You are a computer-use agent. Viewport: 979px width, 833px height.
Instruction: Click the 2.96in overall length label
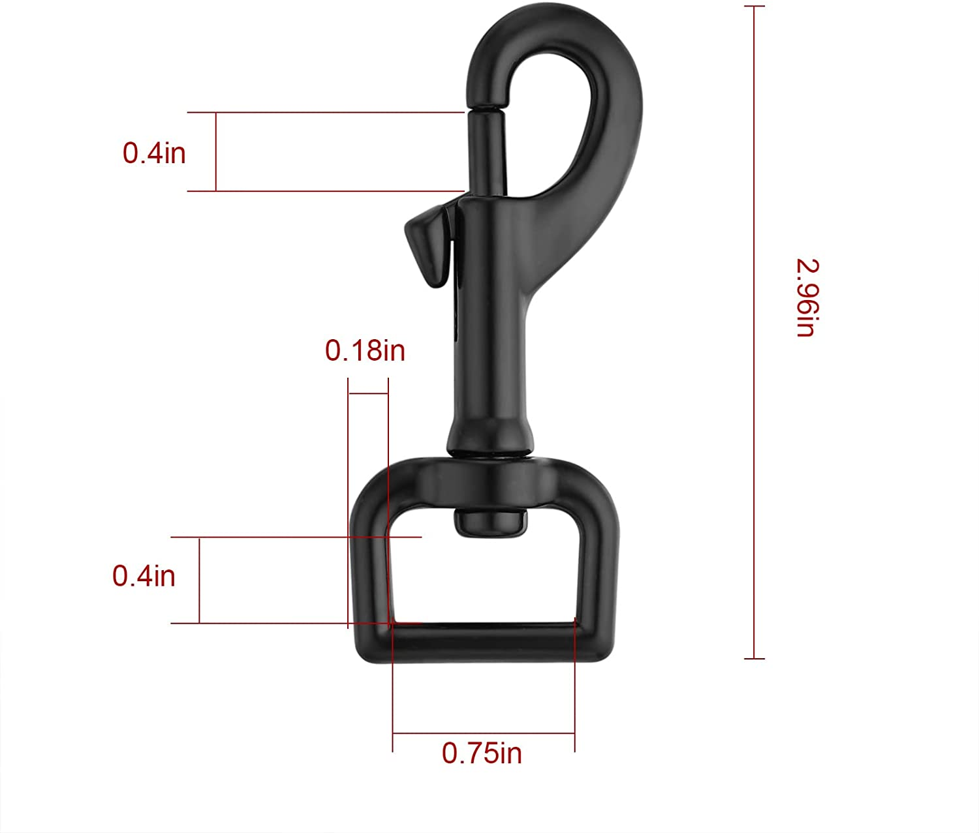805,298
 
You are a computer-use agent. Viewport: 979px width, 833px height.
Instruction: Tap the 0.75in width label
482,753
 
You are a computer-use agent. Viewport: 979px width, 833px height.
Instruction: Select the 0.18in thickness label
365,351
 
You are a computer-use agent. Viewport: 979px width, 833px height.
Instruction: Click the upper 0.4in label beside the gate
154,153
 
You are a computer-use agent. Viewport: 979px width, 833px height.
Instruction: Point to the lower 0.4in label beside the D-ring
144,576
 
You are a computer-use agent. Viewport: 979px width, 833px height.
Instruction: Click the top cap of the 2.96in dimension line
754,7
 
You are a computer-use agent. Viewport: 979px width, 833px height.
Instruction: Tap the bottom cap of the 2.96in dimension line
754,659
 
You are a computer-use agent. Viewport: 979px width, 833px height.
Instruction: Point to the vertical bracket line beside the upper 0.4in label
216,152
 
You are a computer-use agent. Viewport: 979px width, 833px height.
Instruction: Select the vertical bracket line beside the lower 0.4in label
199,580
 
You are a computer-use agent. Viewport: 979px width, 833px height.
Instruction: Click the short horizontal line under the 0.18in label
368,394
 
